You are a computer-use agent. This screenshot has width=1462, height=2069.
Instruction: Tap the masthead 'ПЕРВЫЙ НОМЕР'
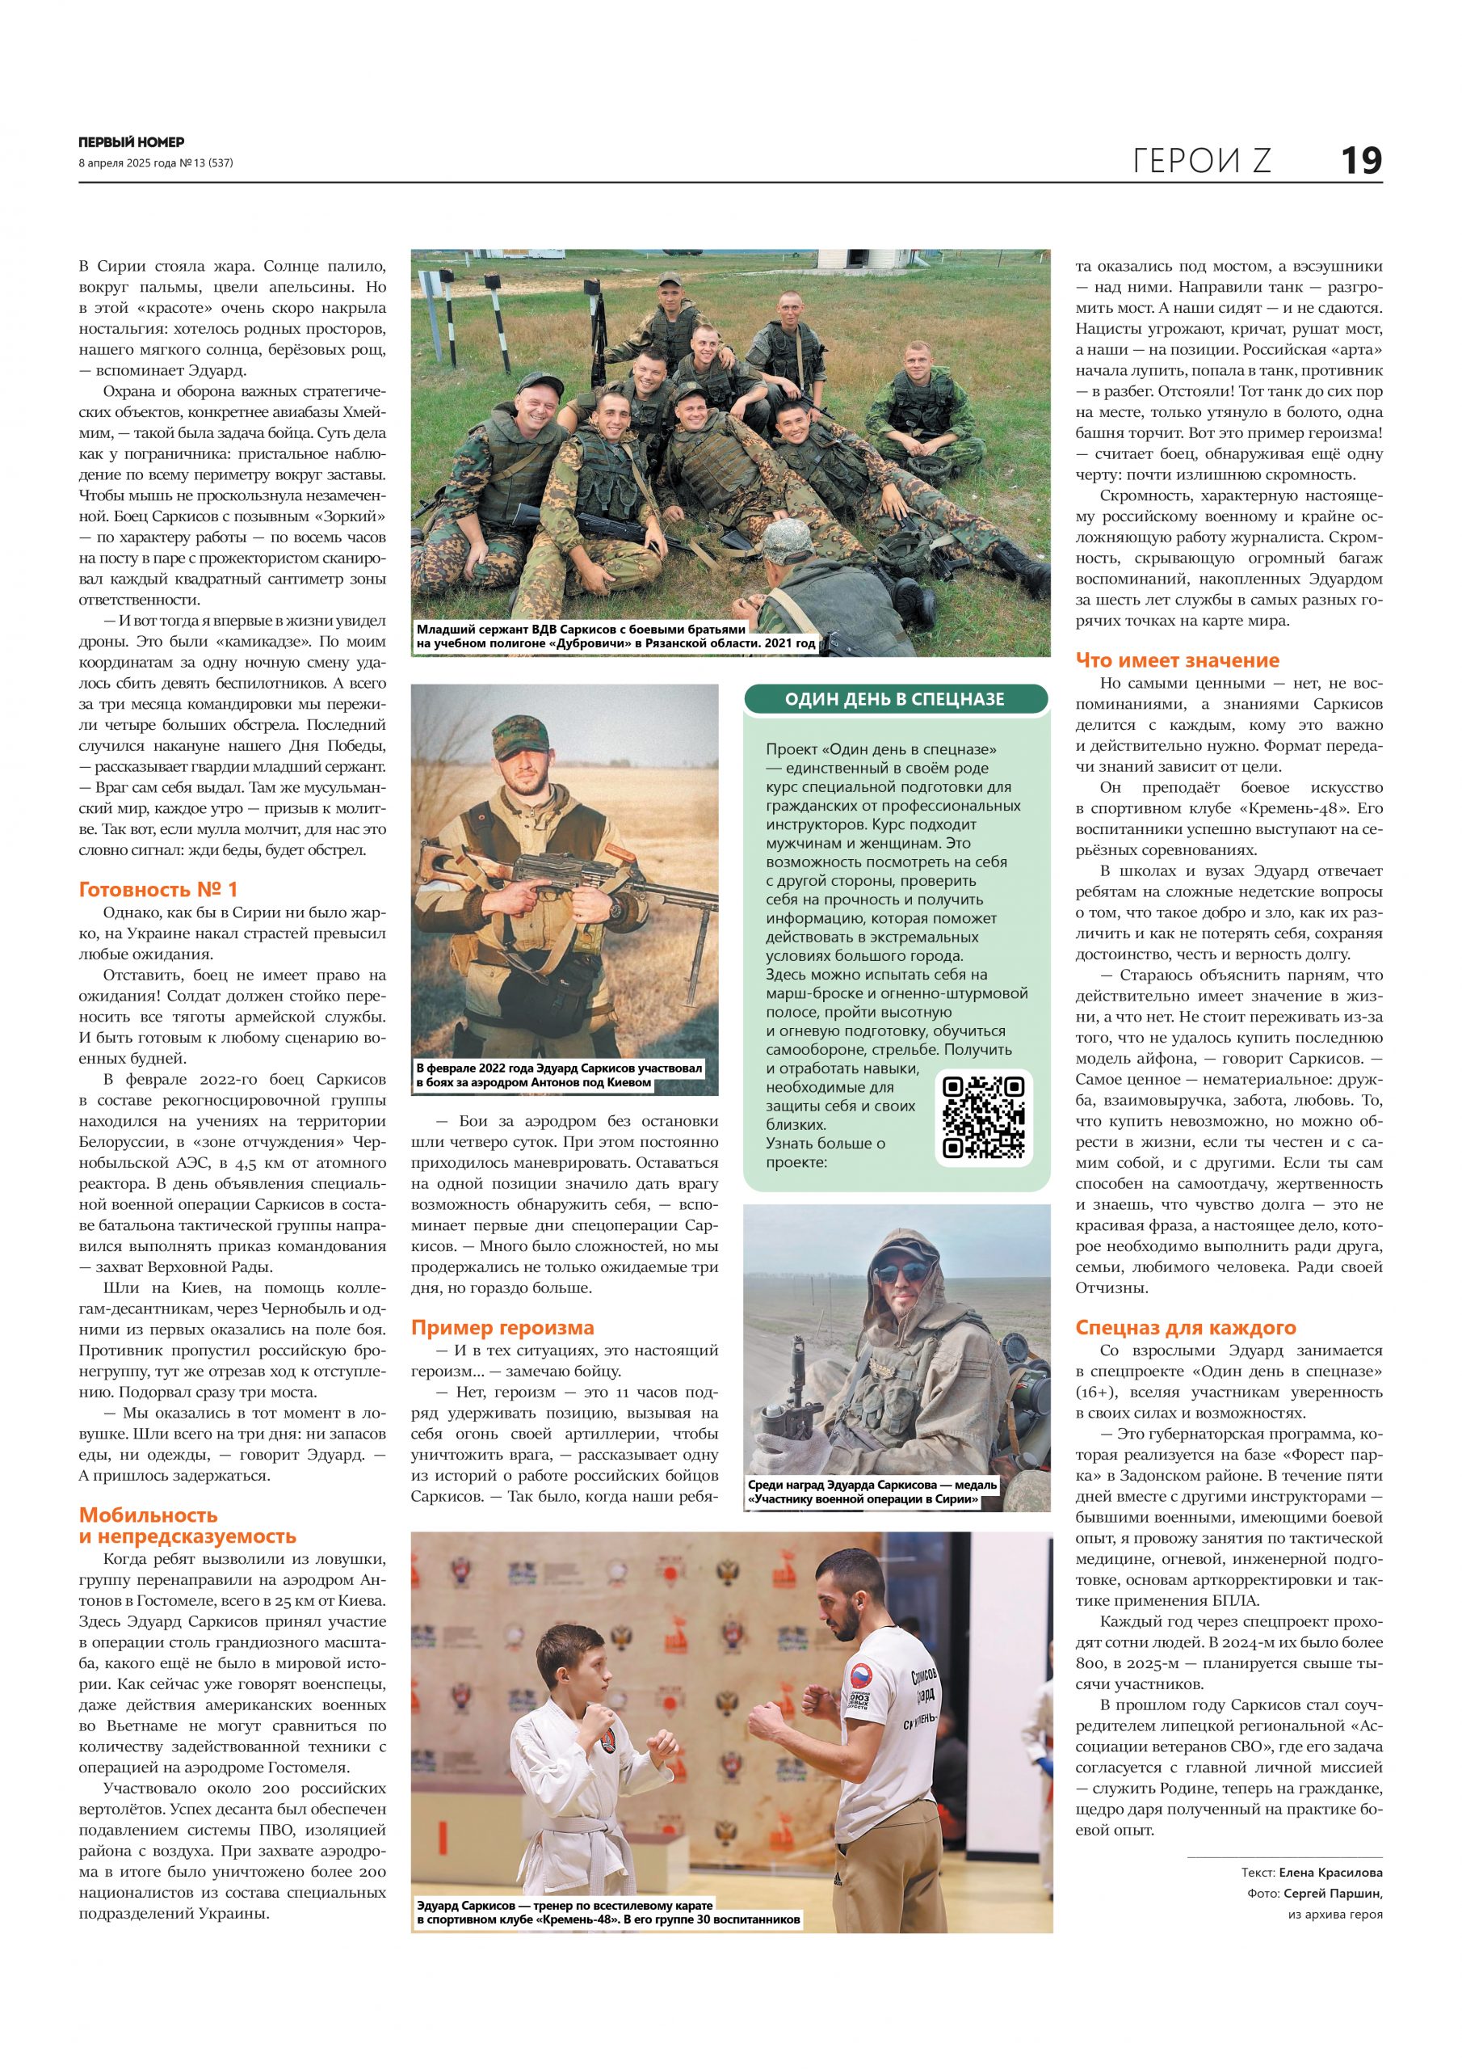pos(132,142)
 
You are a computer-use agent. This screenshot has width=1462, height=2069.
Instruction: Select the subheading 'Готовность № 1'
pos(158,889)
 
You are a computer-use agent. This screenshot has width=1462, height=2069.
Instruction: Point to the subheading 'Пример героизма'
pos(502,1327)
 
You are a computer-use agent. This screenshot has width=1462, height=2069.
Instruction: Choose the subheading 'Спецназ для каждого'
pos(1186,1327)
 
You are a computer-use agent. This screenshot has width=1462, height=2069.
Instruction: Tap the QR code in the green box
pos(983,1118)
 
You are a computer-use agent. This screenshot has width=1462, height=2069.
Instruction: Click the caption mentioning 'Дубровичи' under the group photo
pos(616,636)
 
